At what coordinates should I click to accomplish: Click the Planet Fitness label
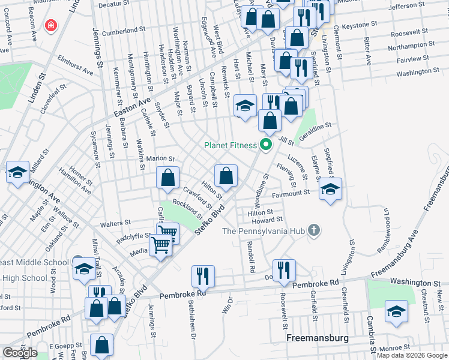point(230,145)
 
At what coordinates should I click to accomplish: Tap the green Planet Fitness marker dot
point(265,145)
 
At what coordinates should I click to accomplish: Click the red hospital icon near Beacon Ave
point(52,26)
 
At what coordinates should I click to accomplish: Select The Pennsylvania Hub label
point(262,230)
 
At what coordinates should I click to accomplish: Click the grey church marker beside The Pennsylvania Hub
point(313,230)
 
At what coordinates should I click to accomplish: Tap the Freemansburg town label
point(317,338)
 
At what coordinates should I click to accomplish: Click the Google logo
point(20,352)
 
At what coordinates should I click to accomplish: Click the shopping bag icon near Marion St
point(168,178)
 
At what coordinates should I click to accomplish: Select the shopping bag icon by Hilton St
point(226,176)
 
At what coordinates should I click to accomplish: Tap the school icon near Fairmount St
point(330,189)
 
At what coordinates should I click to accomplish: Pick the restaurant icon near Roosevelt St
point(283,271)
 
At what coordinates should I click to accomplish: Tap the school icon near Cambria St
point(396,311)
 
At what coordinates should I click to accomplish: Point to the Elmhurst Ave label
point(76,67)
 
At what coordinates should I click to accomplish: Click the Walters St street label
point(116,223)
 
